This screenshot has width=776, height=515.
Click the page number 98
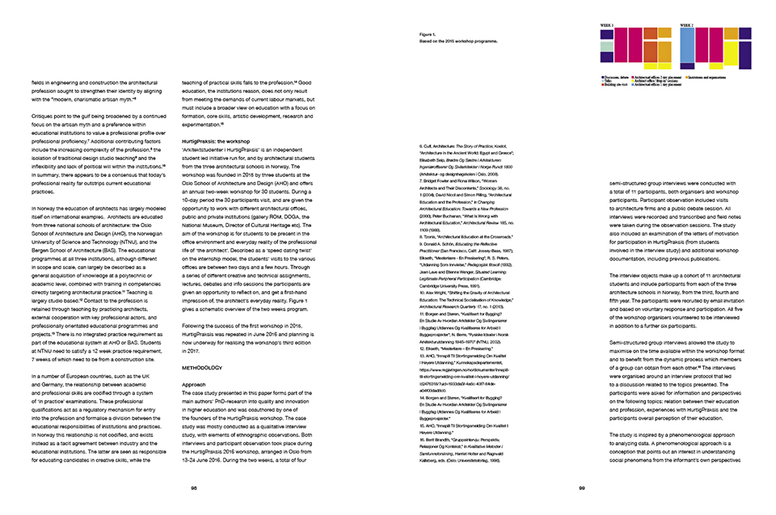(194, 488)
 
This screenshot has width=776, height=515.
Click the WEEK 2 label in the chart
(687, 26)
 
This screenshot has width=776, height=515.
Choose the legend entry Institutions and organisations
(709, 76)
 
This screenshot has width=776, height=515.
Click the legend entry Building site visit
(614, 84)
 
